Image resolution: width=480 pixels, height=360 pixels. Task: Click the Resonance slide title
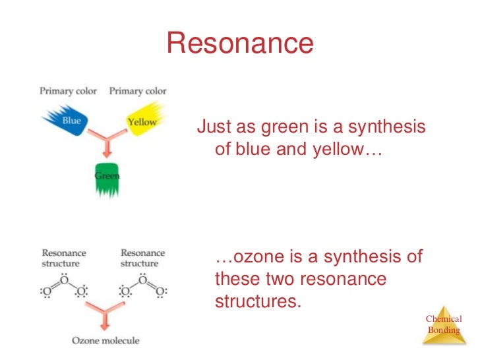(240, 43)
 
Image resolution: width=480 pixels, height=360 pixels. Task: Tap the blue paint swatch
(67, 120)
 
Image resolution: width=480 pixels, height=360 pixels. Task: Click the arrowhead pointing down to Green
(107, 154)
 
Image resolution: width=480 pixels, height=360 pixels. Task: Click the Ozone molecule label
(105, 340)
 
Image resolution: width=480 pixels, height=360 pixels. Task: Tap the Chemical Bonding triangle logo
(444, 326)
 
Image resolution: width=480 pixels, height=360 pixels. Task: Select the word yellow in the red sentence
(338, 150)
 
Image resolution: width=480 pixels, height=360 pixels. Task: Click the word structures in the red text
(258, 301)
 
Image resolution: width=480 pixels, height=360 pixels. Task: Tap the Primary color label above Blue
(68, 91)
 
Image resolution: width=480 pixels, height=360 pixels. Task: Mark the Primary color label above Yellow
(138, 91)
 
